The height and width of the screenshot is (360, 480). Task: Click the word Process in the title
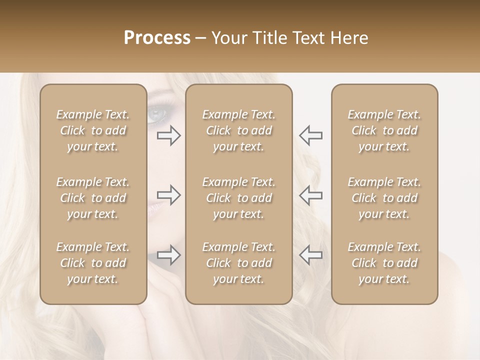157,37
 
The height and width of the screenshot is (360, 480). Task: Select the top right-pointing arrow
169,135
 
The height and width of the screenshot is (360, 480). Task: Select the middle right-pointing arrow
169,195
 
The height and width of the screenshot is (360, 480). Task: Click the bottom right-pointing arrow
169,255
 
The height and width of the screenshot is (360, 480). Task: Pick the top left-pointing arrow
311,135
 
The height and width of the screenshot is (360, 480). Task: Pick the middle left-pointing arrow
311,195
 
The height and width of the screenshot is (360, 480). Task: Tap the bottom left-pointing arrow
311,255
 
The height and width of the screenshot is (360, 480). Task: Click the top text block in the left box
93,130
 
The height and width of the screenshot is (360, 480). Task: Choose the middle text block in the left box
93,198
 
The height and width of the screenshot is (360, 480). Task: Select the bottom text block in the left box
93,263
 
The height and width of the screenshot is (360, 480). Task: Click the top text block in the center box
239,130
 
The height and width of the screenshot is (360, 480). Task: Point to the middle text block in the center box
239,198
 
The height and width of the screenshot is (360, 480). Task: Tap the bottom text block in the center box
239,263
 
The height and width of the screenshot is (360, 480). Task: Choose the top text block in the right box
384,130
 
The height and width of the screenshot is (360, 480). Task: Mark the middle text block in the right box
384,198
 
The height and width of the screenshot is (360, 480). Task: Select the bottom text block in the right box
384,263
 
